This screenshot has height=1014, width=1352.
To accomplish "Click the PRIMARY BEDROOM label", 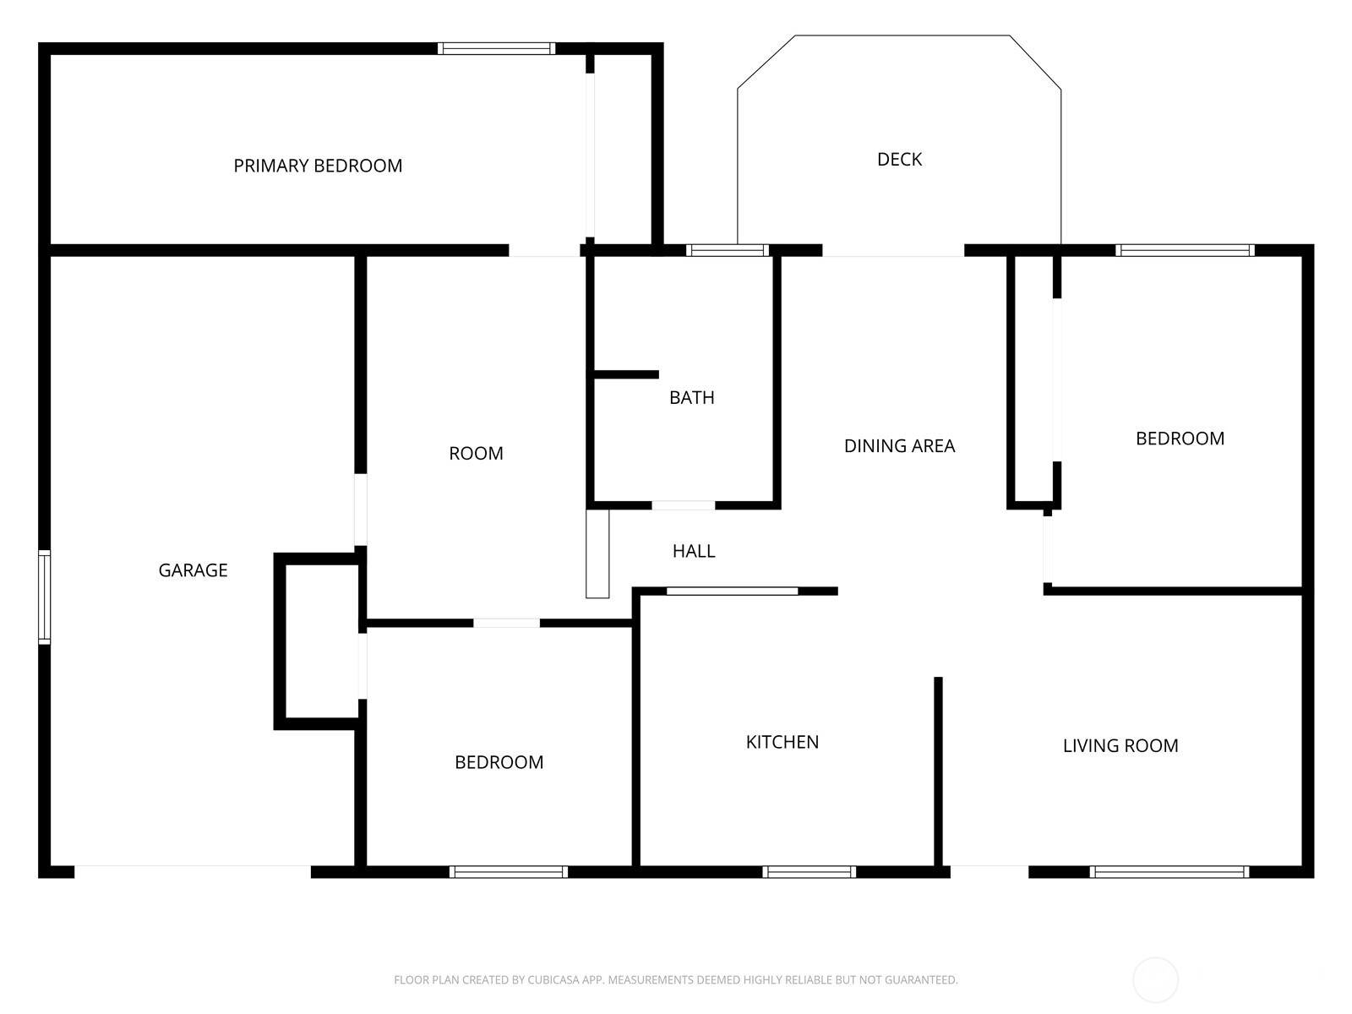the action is pyautogui.click(x=318, y=166).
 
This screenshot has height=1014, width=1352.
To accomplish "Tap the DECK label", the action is pyautogui.click(x=899, y=160).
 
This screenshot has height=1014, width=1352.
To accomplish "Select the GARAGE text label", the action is pyautogui.click(x=193, y=570).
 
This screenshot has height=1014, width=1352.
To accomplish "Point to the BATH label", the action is pyautogui.click(x=692, y=398).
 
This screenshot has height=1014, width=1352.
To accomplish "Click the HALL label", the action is pyautogui.click(x=694, y=551).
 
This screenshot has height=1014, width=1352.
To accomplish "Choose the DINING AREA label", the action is pyautogui.click(x=899, y=446).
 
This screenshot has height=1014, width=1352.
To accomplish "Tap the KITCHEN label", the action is pyautogui.click(x=782, y=742).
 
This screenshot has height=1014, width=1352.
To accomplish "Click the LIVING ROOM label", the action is pyautogui.click(x=1120, y=745).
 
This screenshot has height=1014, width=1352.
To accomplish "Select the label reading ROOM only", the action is pyautogui.click(x=476, y=453).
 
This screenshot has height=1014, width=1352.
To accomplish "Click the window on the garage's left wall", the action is pyautogui.click(x=44, y=597).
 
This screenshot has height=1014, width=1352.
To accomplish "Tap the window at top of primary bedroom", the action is pyautogui.click(x=497, y=49).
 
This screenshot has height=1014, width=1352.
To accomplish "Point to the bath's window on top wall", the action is pyautogui.click(x=728, y=250).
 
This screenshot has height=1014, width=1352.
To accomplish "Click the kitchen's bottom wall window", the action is pyautogui.click(x=810, y=872).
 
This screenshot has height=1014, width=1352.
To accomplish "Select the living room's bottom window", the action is pyautogui.click(x=1169, y=872).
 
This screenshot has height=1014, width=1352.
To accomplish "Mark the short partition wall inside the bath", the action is pyautogui.click(x=626, y=374).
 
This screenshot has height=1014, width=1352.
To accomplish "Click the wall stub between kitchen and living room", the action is pyautogui.click(x=938, y=771).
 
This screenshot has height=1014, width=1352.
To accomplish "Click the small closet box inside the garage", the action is pyautogui.click(x=317, y=641).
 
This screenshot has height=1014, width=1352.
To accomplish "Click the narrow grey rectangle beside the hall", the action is pyautogui.click(x=597, y=553).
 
